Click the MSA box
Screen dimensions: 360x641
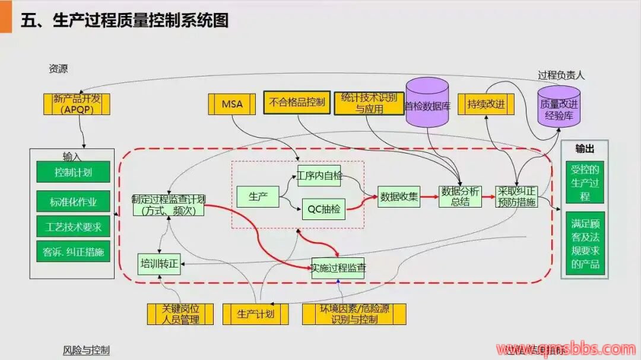tap(232, 104)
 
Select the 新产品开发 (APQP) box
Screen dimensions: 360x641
tap(77, 104)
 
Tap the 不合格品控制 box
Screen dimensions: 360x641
tap(297, 103)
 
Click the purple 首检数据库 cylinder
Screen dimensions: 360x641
tap(427, 103)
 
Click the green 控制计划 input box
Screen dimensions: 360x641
tap(73, 172)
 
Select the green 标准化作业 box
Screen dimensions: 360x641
tap(73, 202)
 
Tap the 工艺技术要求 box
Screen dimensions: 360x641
tap(73, 227)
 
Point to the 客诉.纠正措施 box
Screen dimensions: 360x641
tap(73, 251)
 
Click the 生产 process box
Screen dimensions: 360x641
tap(258, 197)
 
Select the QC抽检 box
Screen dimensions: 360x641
tap(323, 208)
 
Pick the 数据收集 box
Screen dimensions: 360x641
tap(399, 196)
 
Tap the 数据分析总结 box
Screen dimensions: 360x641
tap(460, 196)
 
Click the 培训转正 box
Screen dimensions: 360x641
tap(159, 264)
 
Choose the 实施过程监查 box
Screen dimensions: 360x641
tap(338, 268)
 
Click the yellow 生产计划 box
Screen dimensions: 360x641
tap(256, 314)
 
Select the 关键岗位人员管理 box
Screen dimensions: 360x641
tap(180, 314)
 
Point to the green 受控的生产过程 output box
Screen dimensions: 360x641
tap(585, 183)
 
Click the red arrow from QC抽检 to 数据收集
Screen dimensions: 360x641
tap(362, 203)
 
